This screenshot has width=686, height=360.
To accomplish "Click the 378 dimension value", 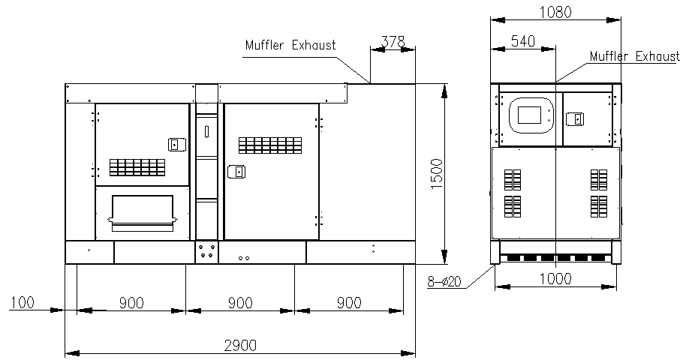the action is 393,41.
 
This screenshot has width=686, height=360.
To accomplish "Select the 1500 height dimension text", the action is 437,174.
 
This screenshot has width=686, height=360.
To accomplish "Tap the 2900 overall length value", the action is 240,346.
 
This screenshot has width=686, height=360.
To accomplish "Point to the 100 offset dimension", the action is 23,302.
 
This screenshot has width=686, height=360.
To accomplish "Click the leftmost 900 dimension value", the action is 131,302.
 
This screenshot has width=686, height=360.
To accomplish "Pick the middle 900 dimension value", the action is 240,302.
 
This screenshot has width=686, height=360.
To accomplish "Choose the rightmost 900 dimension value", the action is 349,302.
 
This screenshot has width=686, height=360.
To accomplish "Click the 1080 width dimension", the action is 555,12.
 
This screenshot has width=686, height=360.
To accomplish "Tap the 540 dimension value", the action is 523,41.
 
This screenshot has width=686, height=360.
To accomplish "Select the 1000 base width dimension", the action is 555,279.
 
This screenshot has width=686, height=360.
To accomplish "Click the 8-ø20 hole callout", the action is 444,282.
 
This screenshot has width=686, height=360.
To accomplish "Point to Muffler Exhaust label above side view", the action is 290,45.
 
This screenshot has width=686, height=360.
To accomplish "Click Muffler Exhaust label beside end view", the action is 635,56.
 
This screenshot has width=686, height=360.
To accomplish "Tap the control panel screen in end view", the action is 532,115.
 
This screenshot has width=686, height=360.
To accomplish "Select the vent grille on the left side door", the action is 137,167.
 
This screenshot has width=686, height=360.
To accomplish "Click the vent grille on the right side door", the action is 270,145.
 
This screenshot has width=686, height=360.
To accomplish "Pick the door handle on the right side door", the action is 236,172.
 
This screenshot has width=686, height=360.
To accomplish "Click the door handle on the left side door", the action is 177,144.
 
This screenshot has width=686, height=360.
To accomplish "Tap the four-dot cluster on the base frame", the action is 206,250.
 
